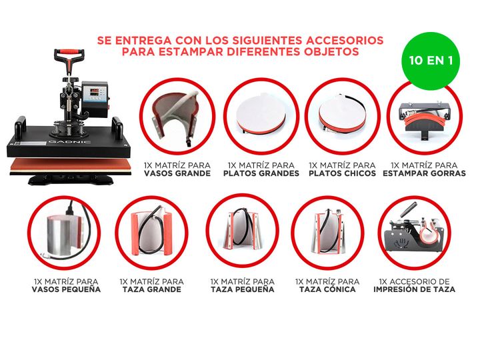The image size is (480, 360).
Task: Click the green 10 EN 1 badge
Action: coord(431,61)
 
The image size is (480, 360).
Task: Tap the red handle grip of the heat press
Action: coord(69,51)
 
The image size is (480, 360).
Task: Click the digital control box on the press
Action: coord(95,95)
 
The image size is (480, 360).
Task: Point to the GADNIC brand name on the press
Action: coord(69,142)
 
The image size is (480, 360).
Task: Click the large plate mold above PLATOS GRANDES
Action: coord(261,113)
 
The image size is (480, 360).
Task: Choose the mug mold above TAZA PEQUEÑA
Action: coord(242,229)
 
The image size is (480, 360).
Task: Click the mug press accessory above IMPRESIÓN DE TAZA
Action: coord(415,232)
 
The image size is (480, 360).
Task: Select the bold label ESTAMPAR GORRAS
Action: coord(424,173)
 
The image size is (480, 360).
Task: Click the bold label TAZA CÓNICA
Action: coord(327,289)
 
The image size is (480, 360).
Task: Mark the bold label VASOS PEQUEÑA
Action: coord(66,289)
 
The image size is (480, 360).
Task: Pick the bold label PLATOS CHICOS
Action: coord(342,173)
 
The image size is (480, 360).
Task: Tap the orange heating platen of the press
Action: coord(71,165)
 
